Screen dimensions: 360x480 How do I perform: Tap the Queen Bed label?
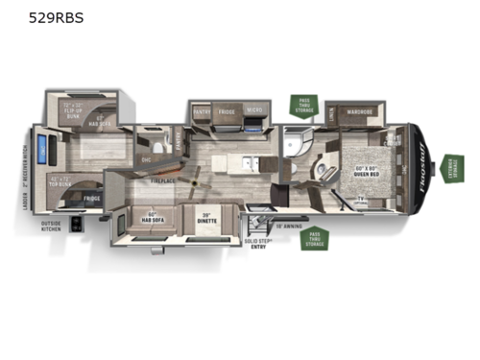click(x=363, y=175)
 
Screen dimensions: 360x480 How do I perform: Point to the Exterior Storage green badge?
click(x=451, y=168)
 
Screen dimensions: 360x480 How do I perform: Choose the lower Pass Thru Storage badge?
click(x=313, y=238)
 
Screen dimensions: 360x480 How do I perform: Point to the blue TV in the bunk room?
click(x=41, y=152)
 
